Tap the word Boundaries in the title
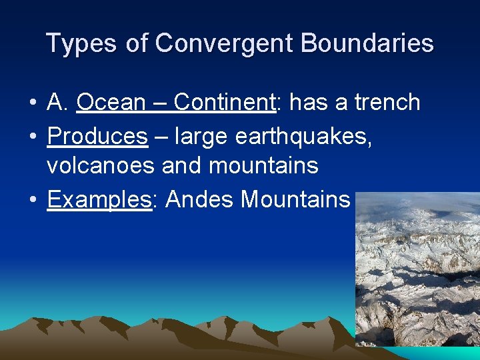(367, 44)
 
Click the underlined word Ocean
(111, 103)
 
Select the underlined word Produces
(97, 136)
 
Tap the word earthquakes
(304, 136)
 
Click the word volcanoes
(102, 165)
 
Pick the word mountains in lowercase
(263, 165)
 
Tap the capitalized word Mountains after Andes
(295, 199)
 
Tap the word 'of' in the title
(138, 44)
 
